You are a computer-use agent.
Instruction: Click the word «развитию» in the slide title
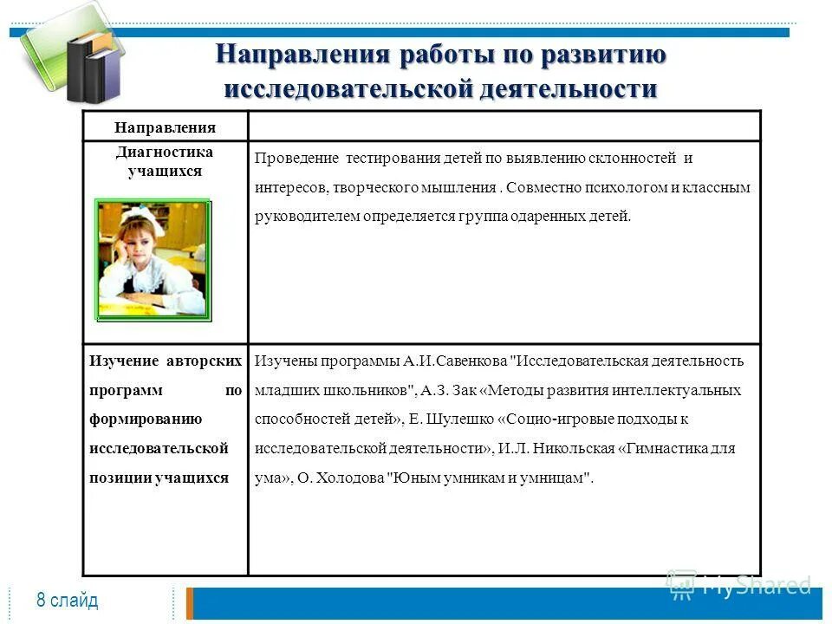(603, 55)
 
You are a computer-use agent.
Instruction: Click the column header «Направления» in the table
(165, 127)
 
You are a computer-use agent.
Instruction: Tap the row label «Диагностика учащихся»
(165, 161)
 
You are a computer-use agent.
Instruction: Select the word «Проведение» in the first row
(296, 159)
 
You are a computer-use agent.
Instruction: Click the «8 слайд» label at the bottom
(68, 601)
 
